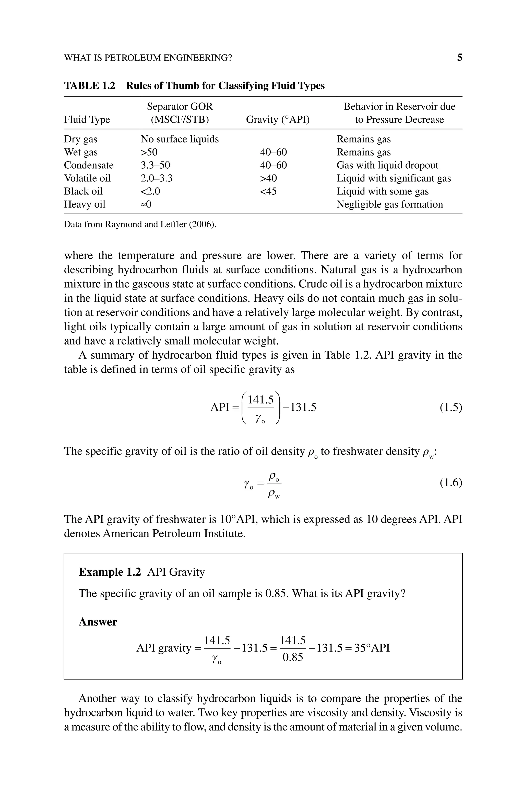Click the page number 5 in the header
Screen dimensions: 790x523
click(459, 58)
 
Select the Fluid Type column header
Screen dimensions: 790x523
click(87, 119)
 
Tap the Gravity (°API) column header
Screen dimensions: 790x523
click(278, 119)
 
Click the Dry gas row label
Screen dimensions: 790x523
click(80, 139)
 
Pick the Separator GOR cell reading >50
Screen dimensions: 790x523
click(149, 152)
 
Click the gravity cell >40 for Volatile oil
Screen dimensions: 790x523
click(268, 178)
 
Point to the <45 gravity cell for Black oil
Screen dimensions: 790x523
click(268, 191)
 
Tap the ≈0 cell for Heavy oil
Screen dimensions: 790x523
click(146, 204)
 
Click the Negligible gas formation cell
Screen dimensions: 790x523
click(390, 204)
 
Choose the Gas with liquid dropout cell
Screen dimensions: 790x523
click(387, 165)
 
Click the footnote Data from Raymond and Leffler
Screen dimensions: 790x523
click(140, 224)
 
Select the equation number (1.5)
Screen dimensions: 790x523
click(451, 407)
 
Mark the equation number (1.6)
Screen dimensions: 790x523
click(451, 482)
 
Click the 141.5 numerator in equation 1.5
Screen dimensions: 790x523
click(260, 399)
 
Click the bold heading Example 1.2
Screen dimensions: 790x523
click(110, 572)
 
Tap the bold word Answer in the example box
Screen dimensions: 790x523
click(98, 622)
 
